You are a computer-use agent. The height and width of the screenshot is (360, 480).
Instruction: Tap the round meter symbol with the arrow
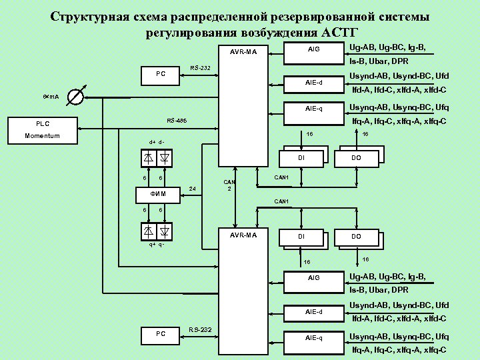77,97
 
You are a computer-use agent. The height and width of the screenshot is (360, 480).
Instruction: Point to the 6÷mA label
51,97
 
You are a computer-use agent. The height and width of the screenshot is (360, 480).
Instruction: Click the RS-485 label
177,121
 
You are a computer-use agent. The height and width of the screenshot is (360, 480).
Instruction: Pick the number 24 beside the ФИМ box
193,189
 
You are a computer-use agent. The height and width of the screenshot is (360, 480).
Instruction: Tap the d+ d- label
157,141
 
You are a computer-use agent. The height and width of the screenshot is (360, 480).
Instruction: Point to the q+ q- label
157,245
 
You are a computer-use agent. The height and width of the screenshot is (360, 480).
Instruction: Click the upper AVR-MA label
248,51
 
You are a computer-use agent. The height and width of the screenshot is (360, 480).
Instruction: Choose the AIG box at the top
313,50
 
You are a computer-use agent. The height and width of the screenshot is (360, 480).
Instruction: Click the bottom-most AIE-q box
313,338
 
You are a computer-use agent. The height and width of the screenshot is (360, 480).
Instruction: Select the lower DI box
301,237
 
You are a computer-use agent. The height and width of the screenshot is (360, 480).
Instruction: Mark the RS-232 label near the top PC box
200,68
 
